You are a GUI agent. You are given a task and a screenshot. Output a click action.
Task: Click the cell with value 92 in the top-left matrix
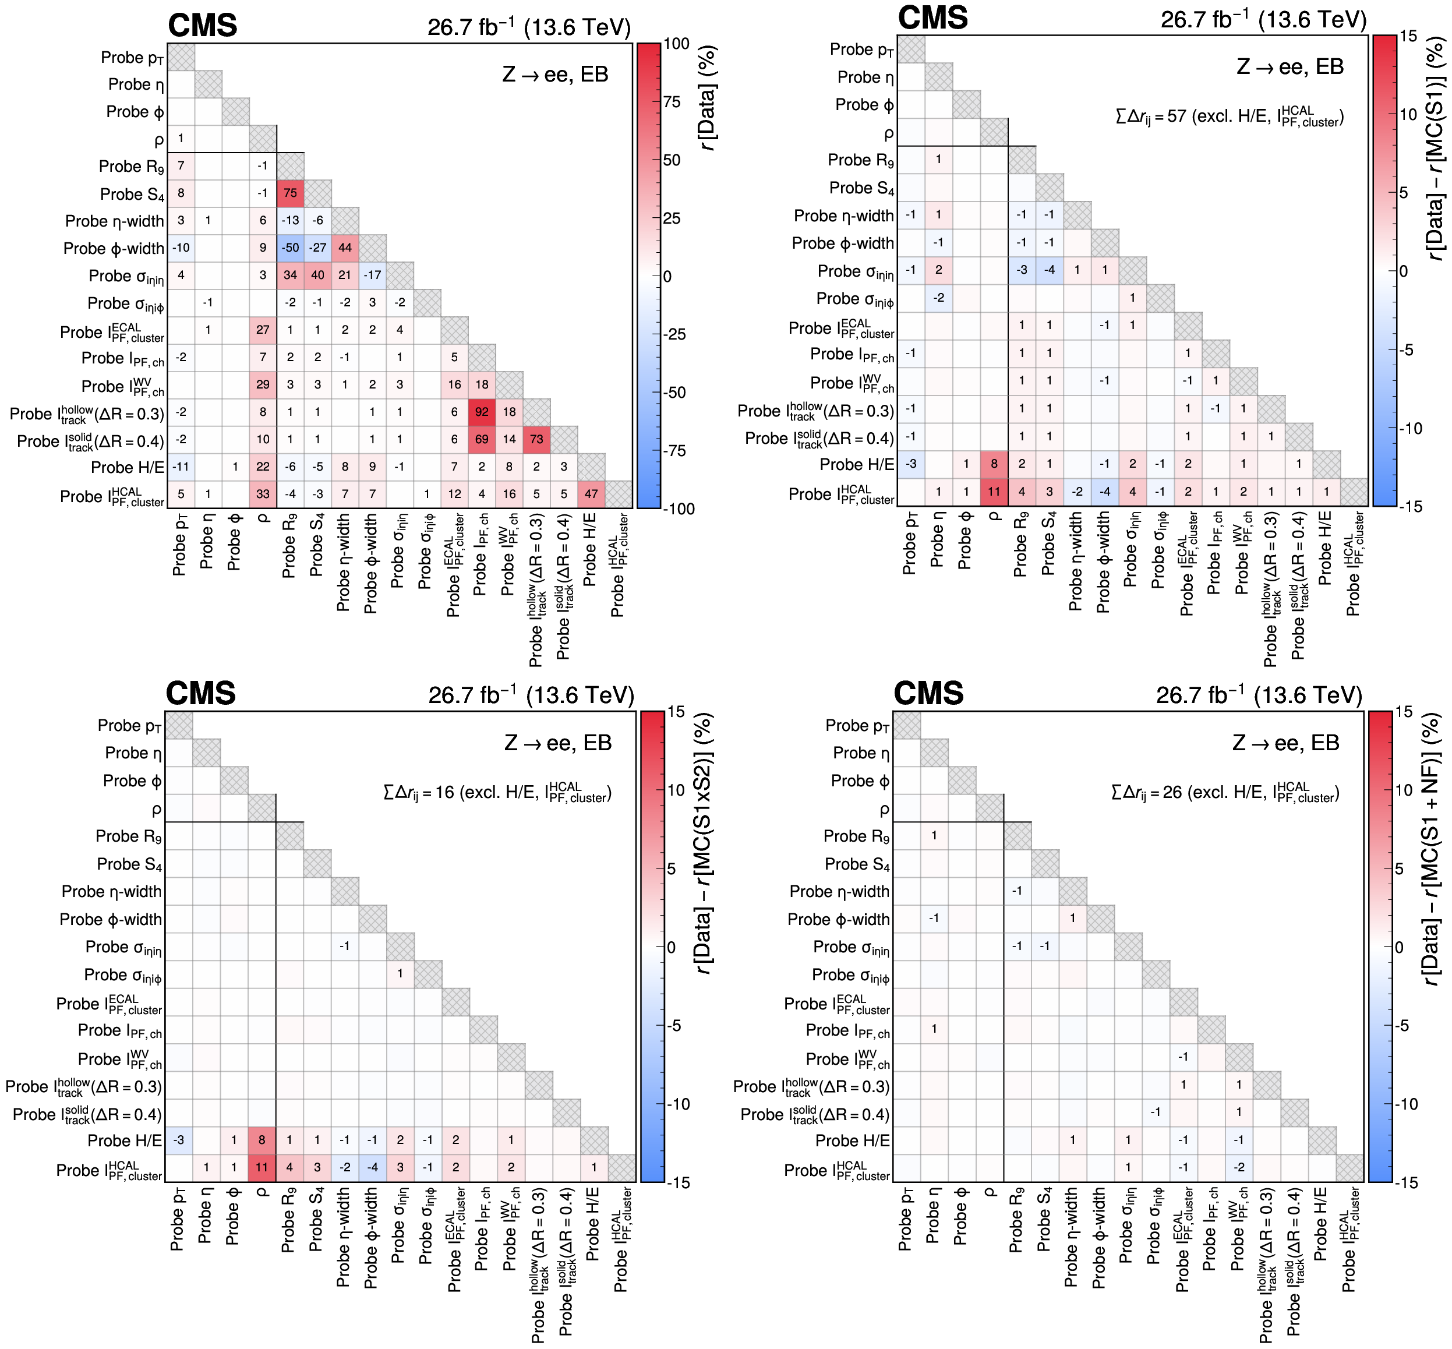(x=482, y=412)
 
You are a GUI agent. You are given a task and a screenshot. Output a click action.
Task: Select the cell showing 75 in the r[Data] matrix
(x=291, y=193)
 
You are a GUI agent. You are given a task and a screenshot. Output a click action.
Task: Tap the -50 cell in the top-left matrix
(x=291, y=248)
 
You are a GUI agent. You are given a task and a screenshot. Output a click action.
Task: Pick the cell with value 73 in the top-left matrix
(x=536, y=439)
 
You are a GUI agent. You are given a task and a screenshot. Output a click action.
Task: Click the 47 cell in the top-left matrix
(x=591, y=494)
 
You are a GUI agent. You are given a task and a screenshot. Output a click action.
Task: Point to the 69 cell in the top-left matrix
(x=482, y=439)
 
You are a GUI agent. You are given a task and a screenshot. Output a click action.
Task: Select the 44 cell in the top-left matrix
(x=345, y=248)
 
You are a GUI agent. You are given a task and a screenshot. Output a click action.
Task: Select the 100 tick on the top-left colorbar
(x=677, y=44)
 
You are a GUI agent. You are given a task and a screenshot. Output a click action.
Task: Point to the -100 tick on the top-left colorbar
(x=680, y=509)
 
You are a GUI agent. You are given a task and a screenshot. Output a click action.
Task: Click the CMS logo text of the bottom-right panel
(x=928, y=694)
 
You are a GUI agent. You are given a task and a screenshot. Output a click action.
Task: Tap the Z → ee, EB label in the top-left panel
(x=555, y=75)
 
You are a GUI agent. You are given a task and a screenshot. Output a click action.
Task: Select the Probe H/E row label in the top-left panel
(x=127, y=467)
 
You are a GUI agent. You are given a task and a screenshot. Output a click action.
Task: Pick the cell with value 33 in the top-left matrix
(x=263, y=494)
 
